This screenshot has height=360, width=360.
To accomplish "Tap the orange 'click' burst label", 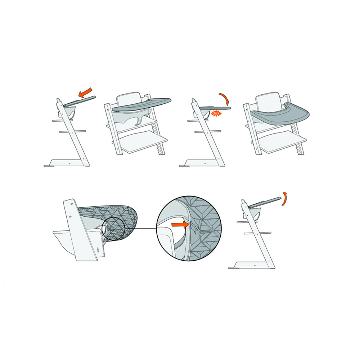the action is pos(216,113).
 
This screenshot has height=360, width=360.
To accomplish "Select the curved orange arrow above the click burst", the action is pos(225,98).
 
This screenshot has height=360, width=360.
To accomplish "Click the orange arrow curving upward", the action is pos(284,199).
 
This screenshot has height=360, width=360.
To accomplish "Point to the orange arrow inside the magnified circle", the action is pos(180,225).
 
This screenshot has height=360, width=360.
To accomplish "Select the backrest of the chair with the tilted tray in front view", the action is pos(129,98).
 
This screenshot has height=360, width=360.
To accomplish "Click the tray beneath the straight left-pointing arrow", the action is pos(80,101).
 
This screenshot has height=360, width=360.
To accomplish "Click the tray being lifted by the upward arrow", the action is pos(265,202).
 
